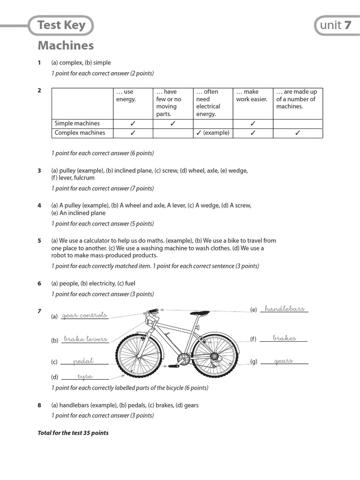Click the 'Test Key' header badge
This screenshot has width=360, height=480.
coord(61,25)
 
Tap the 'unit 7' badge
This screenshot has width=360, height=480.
coord(335,25)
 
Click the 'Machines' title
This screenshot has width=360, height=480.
coord(66,45)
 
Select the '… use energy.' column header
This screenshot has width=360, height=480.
coord(126,96)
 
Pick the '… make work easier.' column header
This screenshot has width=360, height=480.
coord(252,96)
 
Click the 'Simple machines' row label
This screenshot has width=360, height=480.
coord(77,124)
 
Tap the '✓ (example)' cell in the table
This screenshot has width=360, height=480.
coord(213,133)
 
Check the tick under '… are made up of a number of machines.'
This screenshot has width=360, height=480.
coord(297,133)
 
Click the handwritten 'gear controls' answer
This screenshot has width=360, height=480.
coord(84,315)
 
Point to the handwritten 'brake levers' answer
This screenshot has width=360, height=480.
coord(85,339)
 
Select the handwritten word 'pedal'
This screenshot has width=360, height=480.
coord(84,361)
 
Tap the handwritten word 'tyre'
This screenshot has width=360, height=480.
coord(85,376)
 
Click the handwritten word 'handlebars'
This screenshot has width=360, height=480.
coord(285,308)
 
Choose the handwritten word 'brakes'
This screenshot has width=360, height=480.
coord(284,338)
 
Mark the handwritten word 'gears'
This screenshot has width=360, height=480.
coord(283,361)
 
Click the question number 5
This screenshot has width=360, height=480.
coord(39,241)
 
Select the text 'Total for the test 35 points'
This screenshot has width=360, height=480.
coord(73,433)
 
